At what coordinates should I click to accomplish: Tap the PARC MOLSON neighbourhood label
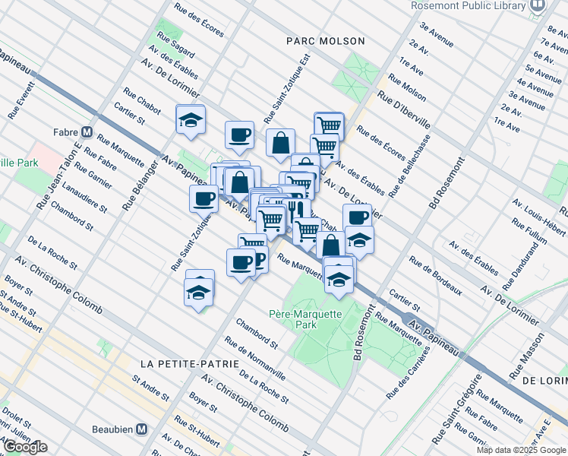[326, 41]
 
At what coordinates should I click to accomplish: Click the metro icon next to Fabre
[87, 131]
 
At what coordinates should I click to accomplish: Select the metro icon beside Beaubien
[141, 429]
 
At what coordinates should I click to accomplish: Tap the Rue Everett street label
[17, 101]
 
